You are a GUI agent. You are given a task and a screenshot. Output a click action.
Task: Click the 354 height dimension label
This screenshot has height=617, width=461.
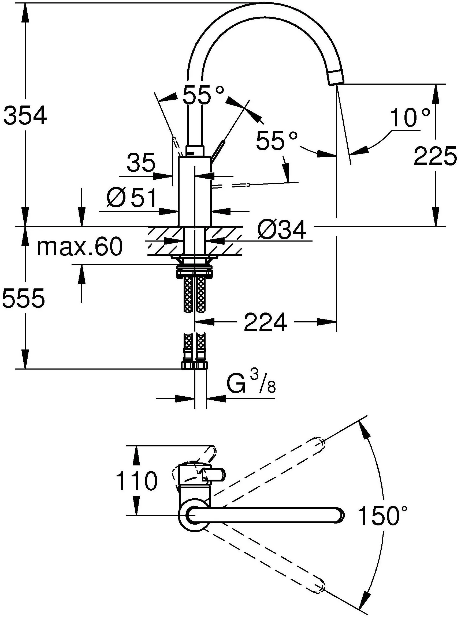coord(25,115)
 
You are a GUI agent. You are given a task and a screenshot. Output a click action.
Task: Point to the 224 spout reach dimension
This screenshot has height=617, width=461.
coord(265,322)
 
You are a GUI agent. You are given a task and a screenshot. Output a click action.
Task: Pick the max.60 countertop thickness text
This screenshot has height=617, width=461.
coord(80,246)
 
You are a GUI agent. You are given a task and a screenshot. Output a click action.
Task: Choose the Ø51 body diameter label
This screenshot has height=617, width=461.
coord(131,198)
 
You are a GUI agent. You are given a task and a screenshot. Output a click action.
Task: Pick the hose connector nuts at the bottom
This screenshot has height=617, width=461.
coord(195,366)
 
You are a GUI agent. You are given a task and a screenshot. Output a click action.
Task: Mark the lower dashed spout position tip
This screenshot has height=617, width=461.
coord(319,588)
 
